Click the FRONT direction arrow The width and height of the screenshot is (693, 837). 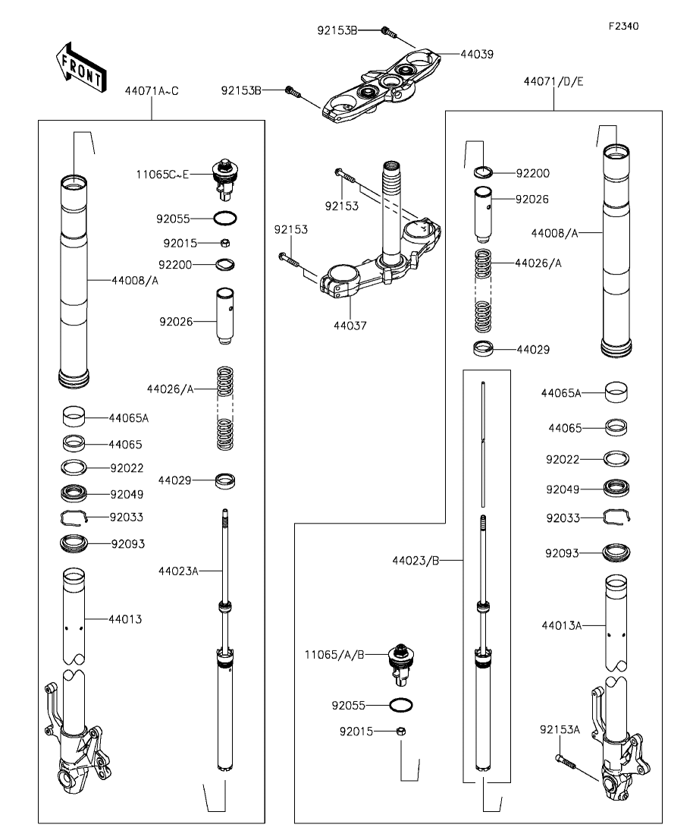tap(80, 67)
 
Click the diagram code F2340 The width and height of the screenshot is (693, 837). tap(624, 26)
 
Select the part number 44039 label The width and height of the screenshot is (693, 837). tap(477, 55)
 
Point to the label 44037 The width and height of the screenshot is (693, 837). tap(350, 326)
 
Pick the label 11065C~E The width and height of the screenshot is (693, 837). tap(162, 175)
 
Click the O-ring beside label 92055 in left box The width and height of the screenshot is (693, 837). tap(225, 219)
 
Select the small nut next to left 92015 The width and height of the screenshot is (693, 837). tap(225, 244)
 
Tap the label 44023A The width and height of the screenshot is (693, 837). tap(178, 571)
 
